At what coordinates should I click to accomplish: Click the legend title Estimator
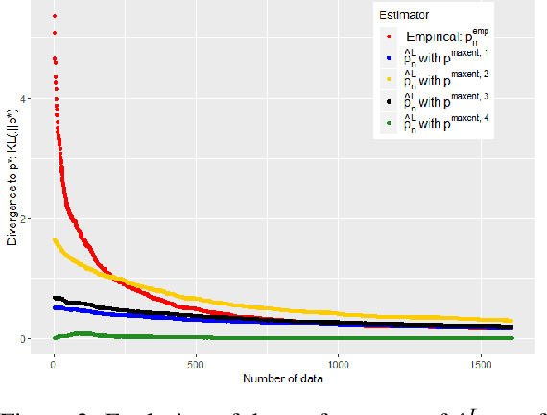[x=410, y=15]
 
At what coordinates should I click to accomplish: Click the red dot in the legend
[x=389, y=37]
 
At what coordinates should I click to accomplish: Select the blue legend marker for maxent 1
[x=389, y=58]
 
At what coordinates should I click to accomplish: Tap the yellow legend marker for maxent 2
[x=389, y=80]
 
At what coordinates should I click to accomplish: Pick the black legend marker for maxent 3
[x=389, y=101]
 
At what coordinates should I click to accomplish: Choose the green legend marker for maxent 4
[x=389, y=123]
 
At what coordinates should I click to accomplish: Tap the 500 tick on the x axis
[x=196, y=366]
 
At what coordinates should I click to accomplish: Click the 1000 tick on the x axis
[x=337, y=366]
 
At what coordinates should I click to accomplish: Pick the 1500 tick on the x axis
[x=479, y=366]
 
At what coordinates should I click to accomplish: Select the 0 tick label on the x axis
[x=54, y=366]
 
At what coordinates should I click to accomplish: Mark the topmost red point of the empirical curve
[x=55, y=16]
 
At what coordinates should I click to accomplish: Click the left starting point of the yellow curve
[x=55, y=239]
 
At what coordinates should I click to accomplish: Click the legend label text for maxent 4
[x=447, y=123]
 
